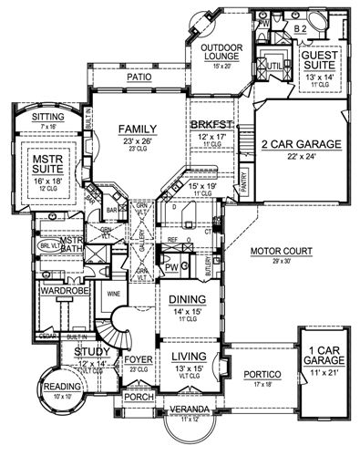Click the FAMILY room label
(139, 129)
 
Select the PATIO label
(139, 78)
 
